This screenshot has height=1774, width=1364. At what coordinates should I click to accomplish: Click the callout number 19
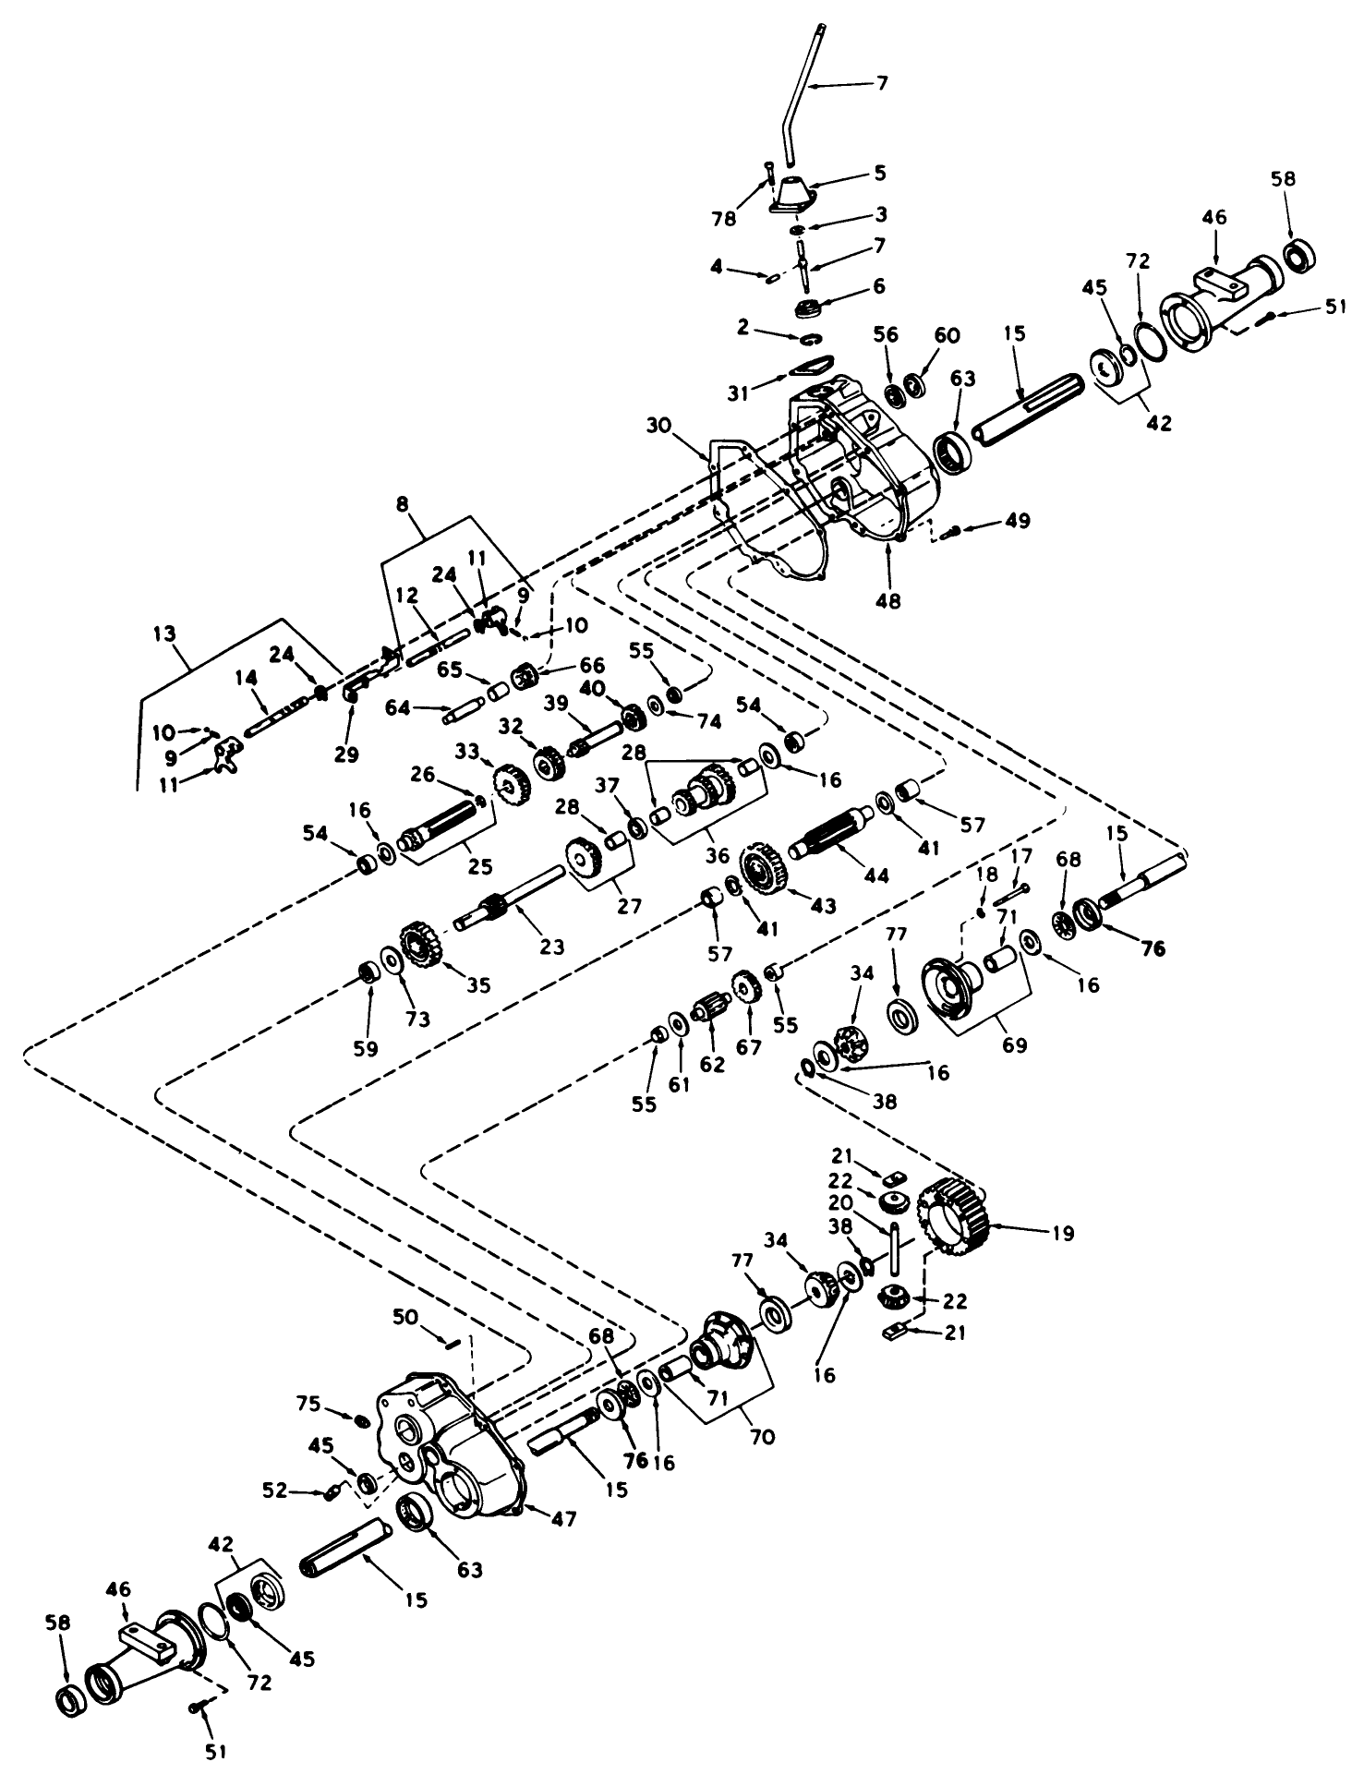click(1063, 1234)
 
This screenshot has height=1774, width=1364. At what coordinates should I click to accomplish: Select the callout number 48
click(889, 600)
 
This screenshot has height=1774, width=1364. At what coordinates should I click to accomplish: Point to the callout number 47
click(564, 1518)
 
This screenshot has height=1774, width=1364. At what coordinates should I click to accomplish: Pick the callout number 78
click(724, 219)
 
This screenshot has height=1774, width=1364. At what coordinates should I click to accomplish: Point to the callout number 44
click(876, 874)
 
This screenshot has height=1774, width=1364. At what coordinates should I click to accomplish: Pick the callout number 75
click(335, 1405)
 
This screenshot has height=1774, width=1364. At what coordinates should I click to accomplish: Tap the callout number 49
click(1017, 521)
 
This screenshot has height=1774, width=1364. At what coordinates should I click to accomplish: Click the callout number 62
click(712, 1064)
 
